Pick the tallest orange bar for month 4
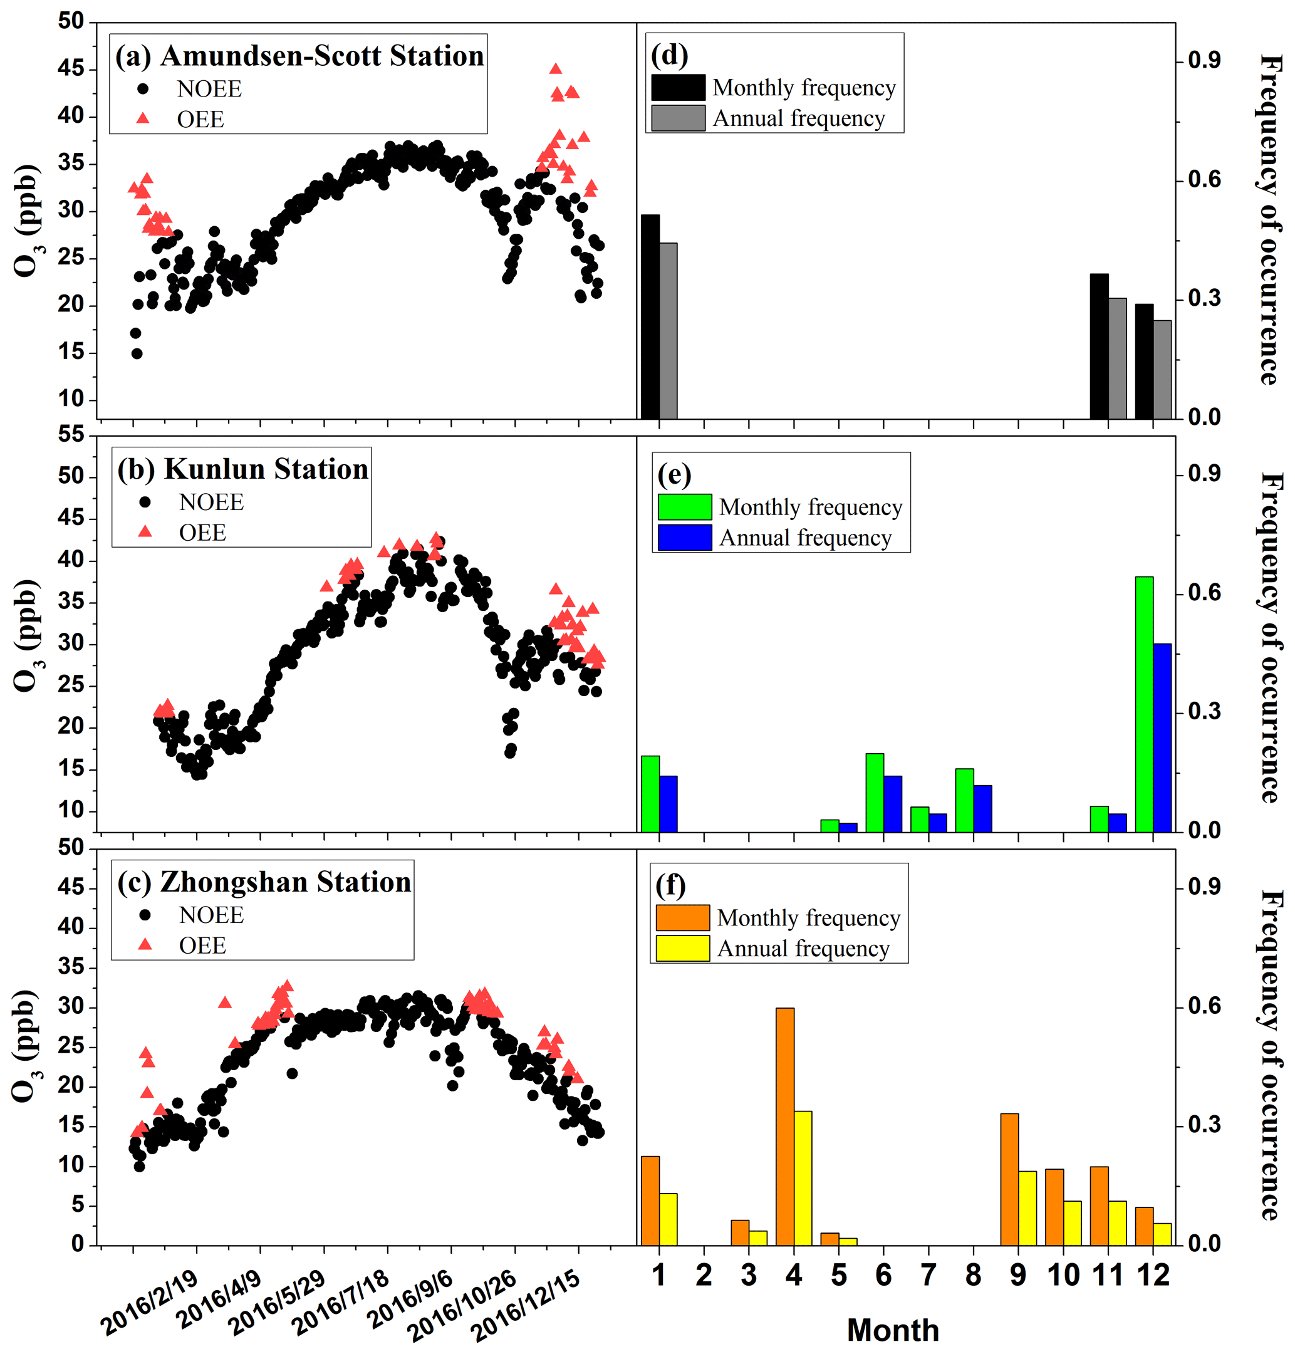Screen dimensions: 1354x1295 pos(784,1125)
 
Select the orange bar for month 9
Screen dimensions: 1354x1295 pos(1009,1177)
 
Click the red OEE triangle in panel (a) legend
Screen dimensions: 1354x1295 pos(143,118)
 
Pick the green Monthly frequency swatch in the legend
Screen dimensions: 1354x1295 pos(684,507)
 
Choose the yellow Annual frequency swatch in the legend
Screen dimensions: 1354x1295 pos(682,948)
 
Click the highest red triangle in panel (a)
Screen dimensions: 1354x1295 pos(556,68)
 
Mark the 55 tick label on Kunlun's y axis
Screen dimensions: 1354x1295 pos(71,434)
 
